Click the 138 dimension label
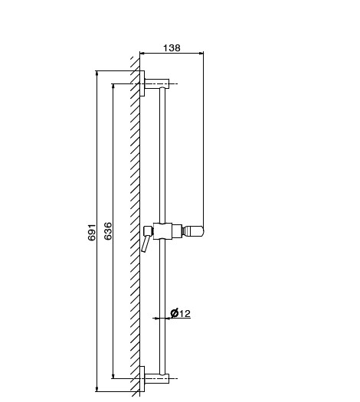(172, 47)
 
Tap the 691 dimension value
(92, 232)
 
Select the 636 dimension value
(108, 231)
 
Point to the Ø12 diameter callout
(181, 313)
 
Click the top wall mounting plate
(142, 83)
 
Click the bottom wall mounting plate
(142, 379)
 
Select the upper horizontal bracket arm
(157, 83)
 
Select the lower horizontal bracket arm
(157, 378)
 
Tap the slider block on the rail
(162, 231)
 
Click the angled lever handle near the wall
(145, 243)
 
